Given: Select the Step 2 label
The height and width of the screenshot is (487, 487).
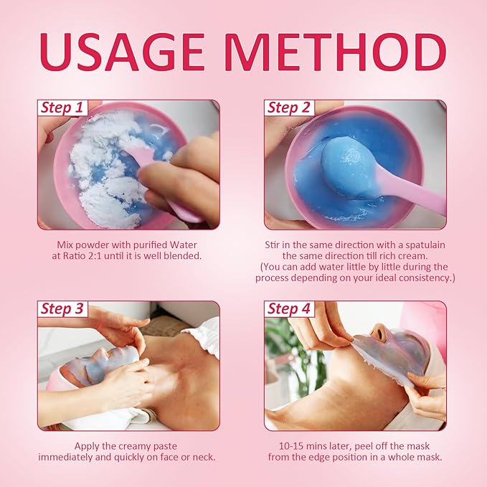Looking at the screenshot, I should click(289, 108).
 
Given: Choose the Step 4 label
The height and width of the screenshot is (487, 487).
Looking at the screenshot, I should click(289, 309).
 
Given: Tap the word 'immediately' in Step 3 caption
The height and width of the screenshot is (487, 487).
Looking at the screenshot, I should click(73, 456).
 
